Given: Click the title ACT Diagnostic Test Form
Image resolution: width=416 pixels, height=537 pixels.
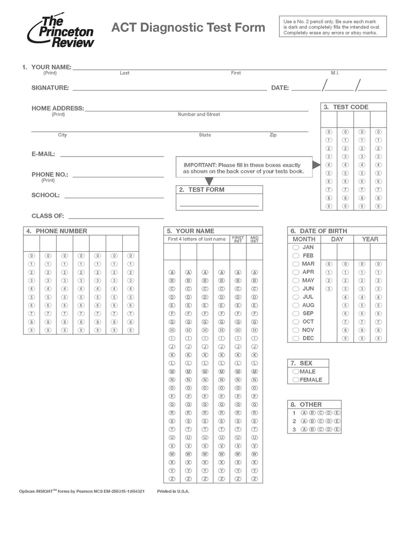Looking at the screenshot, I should tap(188, 27).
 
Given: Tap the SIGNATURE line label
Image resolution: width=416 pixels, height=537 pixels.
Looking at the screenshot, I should tap(50, 88).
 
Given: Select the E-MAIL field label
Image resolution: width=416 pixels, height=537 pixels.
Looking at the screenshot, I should tap(43, 154).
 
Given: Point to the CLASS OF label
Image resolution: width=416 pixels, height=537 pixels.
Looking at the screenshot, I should tap(48, 216).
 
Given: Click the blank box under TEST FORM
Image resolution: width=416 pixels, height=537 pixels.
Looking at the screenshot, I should tap(219, 201).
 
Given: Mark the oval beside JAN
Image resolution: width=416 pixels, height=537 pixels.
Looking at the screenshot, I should tap(296, 248).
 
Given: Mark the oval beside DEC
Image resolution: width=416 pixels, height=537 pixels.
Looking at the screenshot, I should tap(296, 338).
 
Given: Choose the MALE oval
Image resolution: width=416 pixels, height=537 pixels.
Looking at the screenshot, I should tap(296, 372).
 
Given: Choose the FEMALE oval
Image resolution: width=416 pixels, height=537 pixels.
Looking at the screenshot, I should tap(296, 380).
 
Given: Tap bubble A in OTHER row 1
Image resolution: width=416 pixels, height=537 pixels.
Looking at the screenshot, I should tap(305, 413).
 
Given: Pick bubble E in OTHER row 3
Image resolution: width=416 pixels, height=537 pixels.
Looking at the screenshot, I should tap(337, 429).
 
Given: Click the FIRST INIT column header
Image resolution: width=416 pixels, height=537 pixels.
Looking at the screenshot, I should tap(238, 239).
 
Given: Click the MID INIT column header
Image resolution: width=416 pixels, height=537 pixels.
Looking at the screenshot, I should tap(254, 239).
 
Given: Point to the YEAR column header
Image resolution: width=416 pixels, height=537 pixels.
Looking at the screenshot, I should tap(370, 239).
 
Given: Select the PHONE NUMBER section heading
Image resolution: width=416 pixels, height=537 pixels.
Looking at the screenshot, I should tap(61, 231).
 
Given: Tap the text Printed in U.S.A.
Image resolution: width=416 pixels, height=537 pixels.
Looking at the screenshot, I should tap(173, 491).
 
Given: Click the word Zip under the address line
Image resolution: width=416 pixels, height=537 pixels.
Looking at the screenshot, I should tap(273, 135).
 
